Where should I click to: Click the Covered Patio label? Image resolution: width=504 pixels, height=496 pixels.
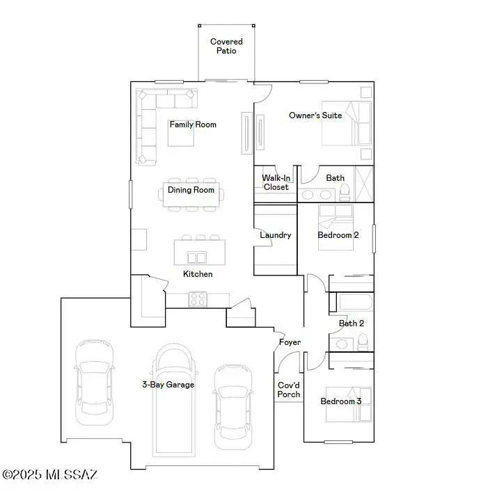click(x=226, y=47)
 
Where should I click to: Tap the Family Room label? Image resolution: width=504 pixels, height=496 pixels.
click(x=193, y=125)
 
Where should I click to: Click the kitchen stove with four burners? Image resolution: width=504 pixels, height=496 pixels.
click(x=197, y=299)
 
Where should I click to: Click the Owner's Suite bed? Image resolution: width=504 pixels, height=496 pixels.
click(x=346, y=124)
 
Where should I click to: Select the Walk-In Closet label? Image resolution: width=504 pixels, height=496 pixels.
click(x=276, y=182)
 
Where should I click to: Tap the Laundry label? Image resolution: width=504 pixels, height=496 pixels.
click(x=275, y=235)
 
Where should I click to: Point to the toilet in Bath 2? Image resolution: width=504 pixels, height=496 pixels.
click(x=363, y=342)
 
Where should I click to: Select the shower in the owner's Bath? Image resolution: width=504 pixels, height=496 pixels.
click(x=364, y=184)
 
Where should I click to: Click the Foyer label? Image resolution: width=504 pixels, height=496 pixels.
click(x=290, y=342)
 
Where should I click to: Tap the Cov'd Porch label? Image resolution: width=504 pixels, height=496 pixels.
click(x=289, y=390)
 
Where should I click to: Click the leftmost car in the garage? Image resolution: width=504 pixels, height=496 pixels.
click(x=92, y=381)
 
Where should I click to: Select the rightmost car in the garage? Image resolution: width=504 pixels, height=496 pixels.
click(x=232, y=406)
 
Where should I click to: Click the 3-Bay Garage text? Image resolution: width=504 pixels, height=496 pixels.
click(x=168, y=384)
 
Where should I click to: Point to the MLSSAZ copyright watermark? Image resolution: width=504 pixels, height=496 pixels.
click(x=50, y=475)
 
